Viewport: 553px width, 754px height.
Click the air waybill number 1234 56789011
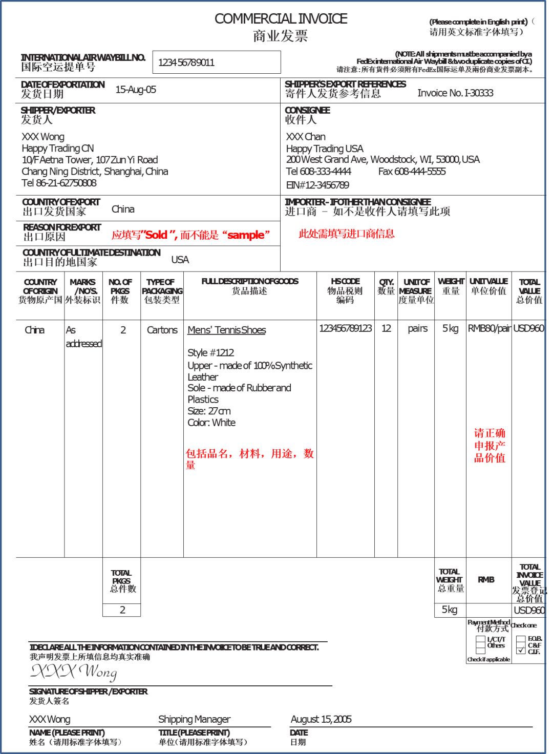coord(186,62)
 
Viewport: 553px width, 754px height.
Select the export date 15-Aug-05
coord(136,90)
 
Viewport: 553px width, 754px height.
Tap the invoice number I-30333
coord(455,93)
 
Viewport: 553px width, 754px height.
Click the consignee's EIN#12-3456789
coord(317,185)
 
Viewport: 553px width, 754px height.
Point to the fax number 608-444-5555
coord(412,172)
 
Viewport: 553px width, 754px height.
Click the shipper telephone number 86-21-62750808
coord(59,183)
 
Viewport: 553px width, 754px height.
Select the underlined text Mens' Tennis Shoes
coord(226,330)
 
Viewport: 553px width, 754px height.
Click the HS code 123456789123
coord(345,328)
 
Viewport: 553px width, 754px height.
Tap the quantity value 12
coord(386,328)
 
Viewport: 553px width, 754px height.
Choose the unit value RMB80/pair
coord(489,328)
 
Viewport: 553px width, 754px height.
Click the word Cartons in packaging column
coord(162,330)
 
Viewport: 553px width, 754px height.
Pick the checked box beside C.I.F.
coord(521,650)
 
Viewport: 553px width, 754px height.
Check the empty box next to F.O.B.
coord(521,639)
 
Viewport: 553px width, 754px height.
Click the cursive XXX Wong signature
coord(74,672)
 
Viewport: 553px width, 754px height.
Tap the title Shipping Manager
coord(194,719)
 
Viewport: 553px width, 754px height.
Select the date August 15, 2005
coord(321,719)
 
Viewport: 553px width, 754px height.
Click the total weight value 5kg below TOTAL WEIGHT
coord(450,610)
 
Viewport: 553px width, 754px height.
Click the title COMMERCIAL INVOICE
coord(281,19)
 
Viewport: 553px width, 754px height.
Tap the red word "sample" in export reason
coord(246,235)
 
